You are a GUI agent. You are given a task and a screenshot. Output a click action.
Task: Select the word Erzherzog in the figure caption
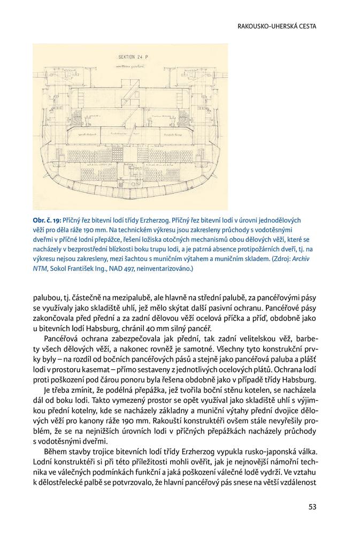155,220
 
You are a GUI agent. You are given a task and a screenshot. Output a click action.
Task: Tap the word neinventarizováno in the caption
177,269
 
